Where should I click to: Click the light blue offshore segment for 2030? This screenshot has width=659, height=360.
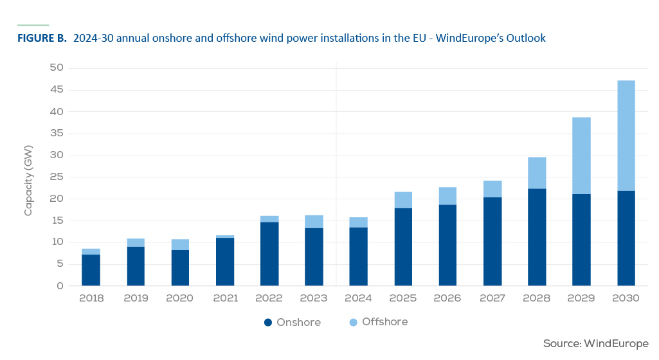(626, 136)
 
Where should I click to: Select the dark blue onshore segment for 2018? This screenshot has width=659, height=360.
(91, 270)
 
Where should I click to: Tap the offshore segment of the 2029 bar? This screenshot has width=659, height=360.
(581, 156)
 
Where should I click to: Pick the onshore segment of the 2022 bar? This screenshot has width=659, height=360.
(269, 254)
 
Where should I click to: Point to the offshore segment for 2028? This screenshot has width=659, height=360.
(537, 173)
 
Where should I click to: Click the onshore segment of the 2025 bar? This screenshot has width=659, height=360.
(403, 247)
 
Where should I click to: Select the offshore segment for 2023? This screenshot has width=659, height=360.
(314, 222)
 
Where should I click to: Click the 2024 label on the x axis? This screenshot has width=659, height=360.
(358, 298)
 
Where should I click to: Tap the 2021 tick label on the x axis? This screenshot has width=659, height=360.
(225, 298)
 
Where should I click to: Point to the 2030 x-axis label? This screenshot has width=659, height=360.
(626, 298)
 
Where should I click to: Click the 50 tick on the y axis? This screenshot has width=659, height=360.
(57, 67)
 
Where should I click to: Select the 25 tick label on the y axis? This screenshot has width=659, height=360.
(57, 177)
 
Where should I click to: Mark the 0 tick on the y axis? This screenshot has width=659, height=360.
(60, 285)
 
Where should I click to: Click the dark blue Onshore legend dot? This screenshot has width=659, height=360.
(268, 323)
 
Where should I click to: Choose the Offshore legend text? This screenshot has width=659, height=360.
(385, 322)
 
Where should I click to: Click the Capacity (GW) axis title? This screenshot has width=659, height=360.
(28, 181)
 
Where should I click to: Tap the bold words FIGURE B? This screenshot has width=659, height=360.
(42, 38)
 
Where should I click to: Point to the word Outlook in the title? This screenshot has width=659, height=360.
(526, 38)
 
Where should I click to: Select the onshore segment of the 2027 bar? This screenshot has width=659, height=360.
(492, 242)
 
